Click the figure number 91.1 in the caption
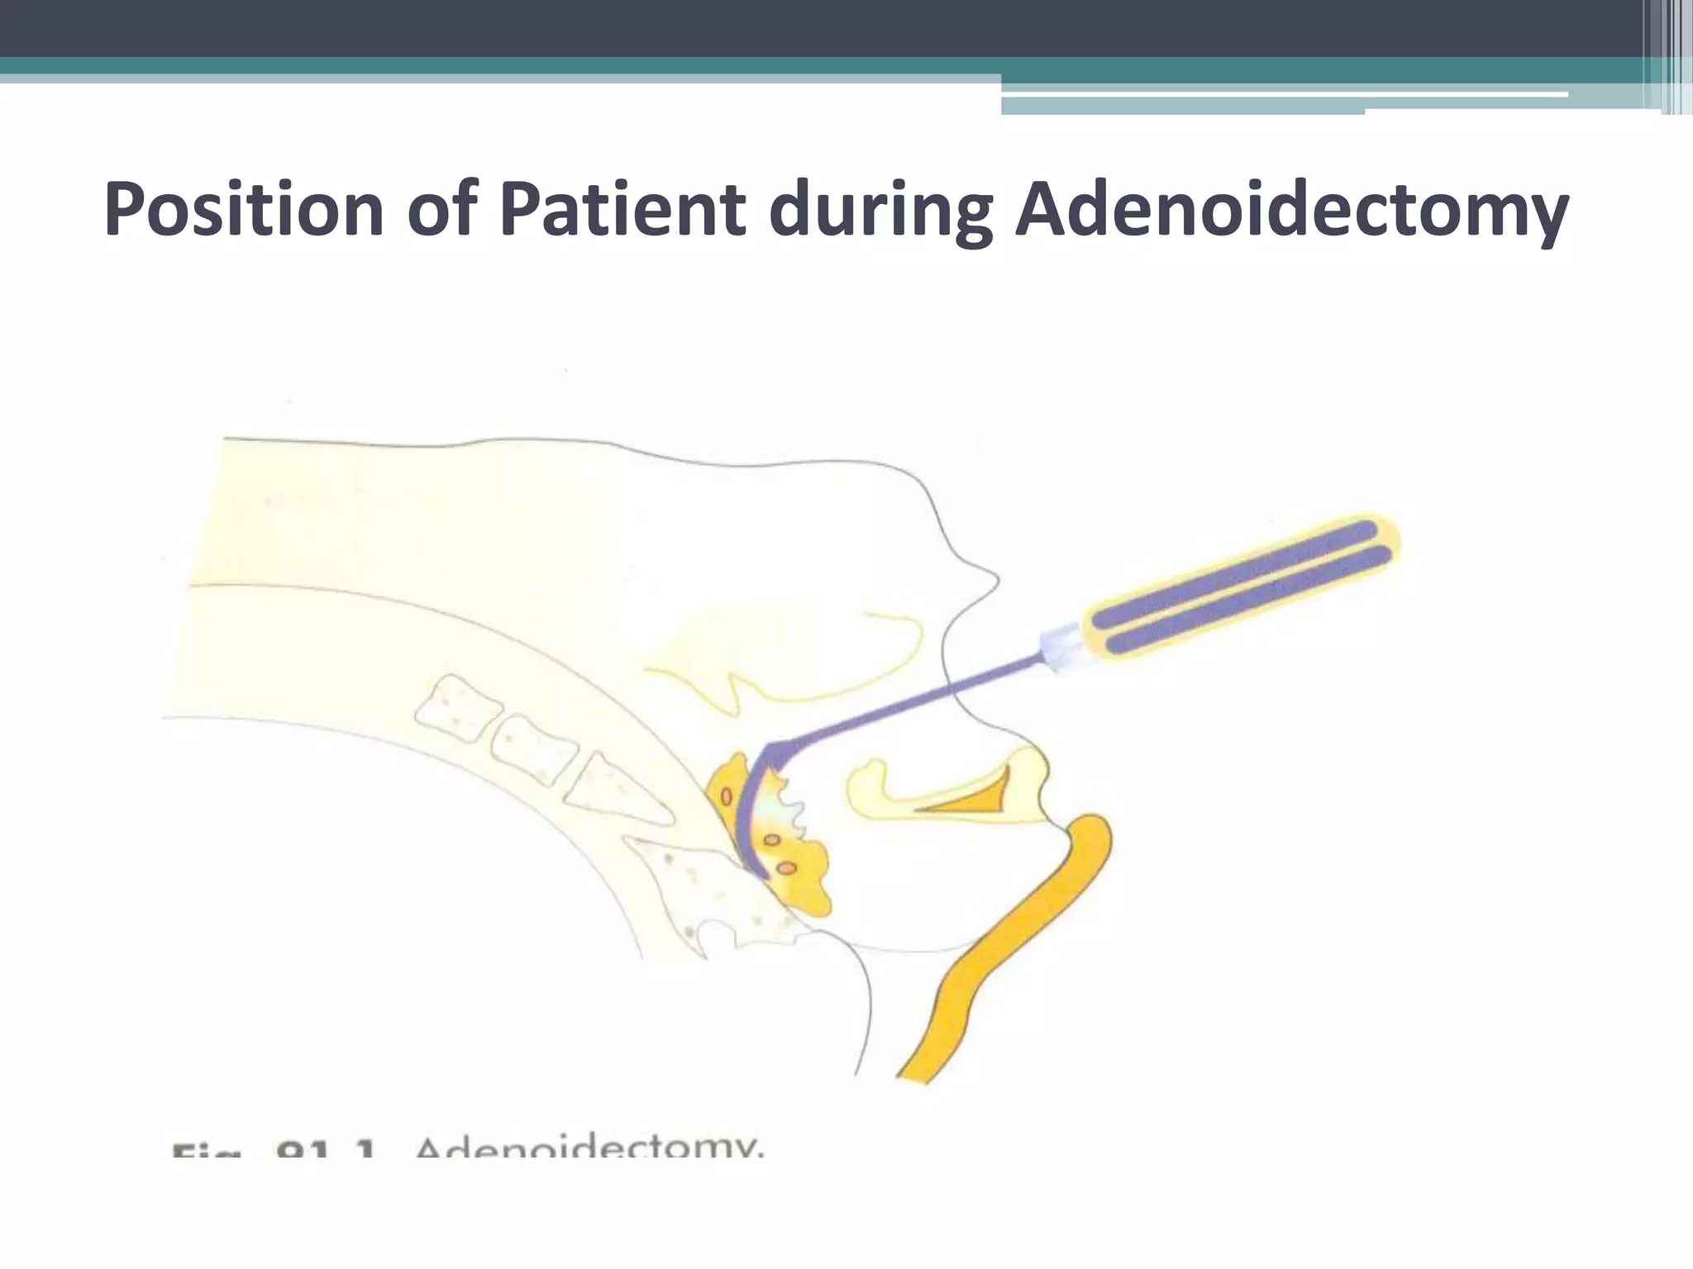click(327, 1148)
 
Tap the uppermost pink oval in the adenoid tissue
click(727, 797)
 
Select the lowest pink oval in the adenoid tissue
click(787, 867)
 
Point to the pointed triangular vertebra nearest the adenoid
click(616, 789)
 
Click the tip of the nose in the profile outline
click(996, 581)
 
